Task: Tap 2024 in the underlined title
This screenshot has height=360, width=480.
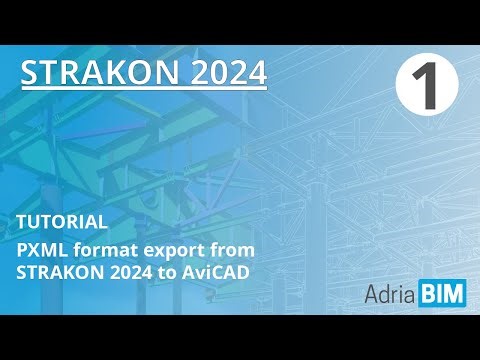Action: pos(226,72)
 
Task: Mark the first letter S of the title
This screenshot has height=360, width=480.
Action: pos(30,72)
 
